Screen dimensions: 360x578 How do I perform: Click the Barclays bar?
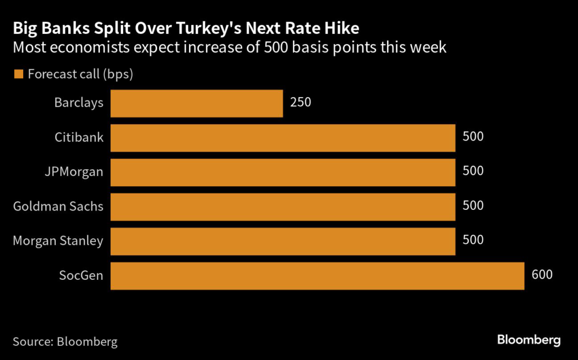196,103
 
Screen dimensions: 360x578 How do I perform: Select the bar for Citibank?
283,138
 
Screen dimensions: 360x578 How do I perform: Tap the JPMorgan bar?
283,172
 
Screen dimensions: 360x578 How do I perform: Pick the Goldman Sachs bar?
283,207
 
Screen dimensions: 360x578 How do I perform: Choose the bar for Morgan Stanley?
283,242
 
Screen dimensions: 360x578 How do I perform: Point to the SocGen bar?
317,276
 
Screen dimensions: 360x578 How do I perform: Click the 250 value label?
301,103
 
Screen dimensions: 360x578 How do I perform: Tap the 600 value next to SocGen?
542,275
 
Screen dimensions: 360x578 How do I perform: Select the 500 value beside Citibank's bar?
473,137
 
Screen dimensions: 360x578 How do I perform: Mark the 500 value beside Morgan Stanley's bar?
473,240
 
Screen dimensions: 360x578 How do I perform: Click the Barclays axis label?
79,103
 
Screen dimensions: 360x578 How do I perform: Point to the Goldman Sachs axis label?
58,206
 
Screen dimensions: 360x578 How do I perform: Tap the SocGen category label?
81,275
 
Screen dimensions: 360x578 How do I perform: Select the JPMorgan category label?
75,172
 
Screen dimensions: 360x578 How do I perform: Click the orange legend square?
18,74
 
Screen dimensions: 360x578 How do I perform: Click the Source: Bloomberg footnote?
65,341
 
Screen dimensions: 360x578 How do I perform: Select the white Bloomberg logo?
529,340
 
